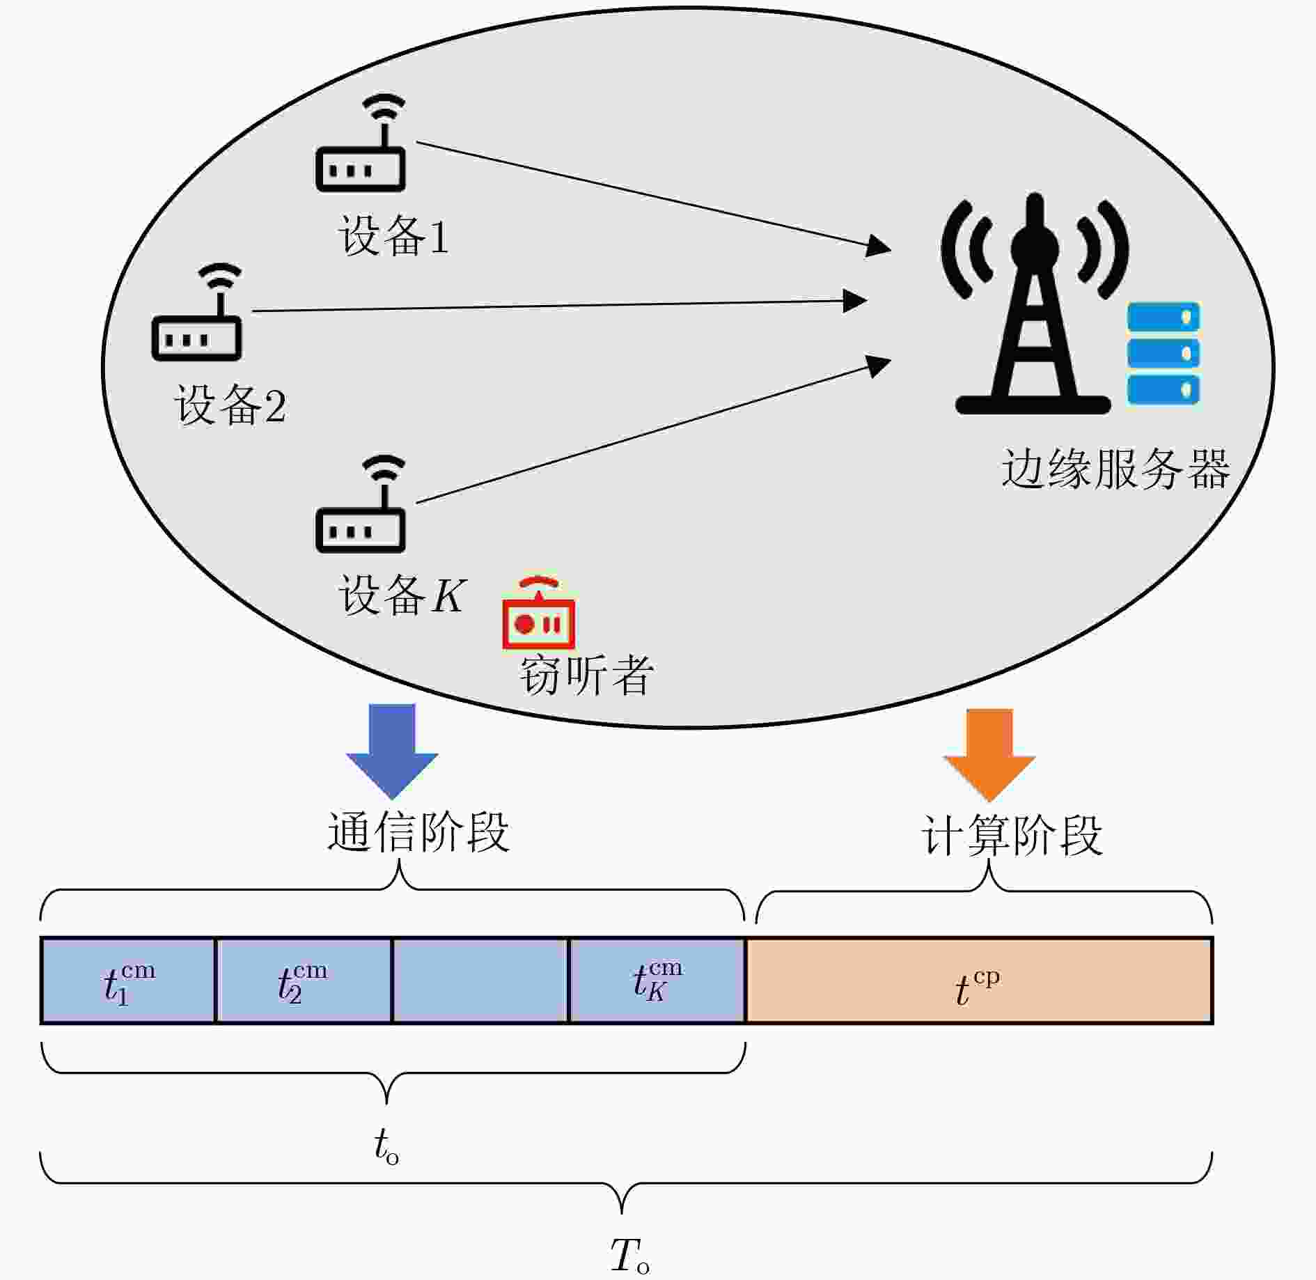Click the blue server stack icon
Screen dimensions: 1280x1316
pyautogui.click(x=1164, y=353)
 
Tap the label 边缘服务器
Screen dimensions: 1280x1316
pyautogui.click(x=1115, y=469)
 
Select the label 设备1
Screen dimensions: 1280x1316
pyautogui.click(x=393, y=236)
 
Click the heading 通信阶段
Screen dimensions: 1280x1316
pyautogui.click(x=418, y=832)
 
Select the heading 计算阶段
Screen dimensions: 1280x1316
pyautogui.click(x=1012, y=835)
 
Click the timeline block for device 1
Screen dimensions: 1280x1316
pyautogui.click(x=128, y=981)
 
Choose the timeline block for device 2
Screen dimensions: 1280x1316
pyautogui.click(x=304, y=981)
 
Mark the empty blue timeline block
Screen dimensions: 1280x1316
pyautogui.click(x=480, y=981)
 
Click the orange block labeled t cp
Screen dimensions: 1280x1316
pyautogui.click(x=978, y=981)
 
